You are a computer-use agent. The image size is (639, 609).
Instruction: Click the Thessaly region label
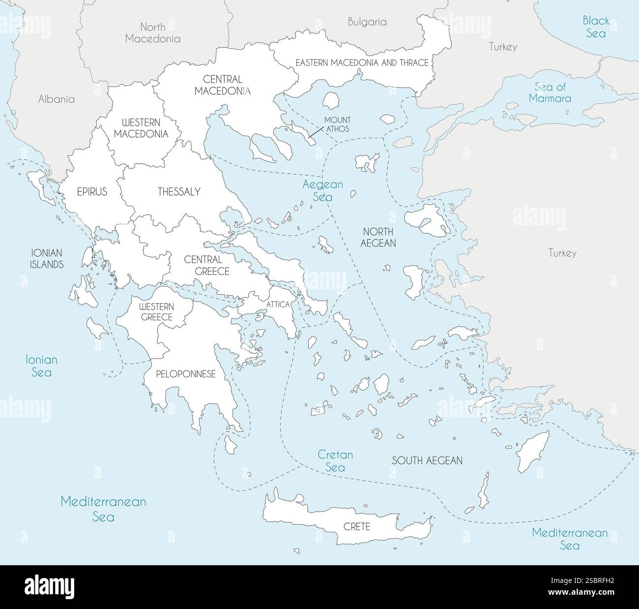tap(179, 192)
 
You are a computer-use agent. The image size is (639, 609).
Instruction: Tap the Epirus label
tap(92, 192)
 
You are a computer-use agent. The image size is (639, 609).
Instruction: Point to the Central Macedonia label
tap(222, 85)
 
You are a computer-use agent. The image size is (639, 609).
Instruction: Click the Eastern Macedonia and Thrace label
tap(362, 62)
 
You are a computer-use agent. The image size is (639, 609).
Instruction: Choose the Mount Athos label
tap(337, 124)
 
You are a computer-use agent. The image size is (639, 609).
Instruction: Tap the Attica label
tap(278, 304)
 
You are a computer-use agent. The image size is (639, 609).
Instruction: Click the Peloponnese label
tap(186, 374)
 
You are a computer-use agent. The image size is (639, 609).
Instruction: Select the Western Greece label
tap(156, 312)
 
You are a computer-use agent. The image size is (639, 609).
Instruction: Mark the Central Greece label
tap(206, 265)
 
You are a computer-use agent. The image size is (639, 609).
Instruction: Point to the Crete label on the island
tap(356, 527)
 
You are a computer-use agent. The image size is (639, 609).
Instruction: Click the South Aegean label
tap(427, 460)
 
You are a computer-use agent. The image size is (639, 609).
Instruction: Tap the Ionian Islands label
tap(47, 258)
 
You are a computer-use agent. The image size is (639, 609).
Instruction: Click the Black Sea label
tap(596, 27)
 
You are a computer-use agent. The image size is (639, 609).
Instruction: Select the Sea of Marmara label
tap(550, 92)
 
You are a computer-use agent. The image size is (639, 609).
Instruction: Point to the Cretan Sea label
tap(335, 461)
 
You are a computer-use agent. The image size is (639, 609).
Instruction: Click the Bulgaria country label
tap(367, 22)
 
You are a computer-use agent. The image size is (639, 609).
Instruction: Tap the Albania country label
tap(57, 99)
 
